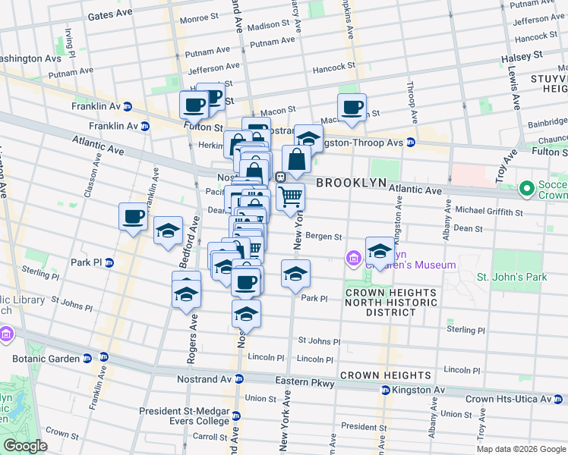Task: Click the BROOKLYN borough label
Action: pos(352,184)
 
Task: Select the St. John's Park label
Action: pos(512,277)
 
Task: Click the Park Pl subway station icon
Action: pos(109,263)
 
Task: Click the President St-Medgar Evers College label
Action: pos(184,416)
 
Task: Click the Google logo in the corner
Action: pos(25,446)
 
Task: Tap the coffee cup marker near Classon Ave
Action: pos(134,217)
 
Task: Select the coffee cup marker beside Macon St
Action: pos(352,108)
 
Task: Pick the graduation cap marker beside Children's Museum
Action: pos(380,250)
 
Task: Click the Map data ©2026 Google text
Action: pos(520,449)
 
